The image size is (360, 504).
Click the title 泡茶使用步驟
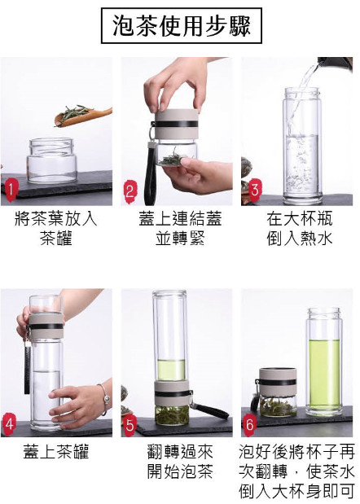click(182, 26)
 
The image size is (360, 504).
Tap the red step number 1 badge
click(11, 190)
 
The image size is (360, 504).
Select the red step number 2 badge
click(130, 192)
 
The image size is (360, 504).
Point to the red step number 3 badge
click(255, 189)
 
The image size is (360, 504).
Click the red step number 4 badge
click(9, 424)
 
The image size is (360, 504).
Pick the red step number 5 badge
click(130, 425)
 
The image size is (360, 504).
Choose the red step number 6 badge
click(250, 425)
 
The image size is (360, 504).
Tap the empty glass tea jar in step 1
click(52, 160)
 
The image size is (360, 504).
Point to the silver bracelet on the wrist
click(104, 400)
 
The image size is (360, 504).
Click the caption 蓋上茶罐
click(56, 451)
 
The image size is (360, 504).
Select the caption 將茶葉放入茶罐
click(56, 229)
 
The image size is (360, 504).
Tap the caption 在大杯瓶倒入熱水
click(300, 229)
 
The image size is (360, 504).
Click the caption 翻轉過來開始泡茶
click(180, 461)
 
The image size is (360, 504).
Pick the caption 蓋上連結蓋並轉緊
click(180, 229)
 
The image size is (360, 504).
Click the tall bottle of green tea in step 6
click(324, 362)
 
